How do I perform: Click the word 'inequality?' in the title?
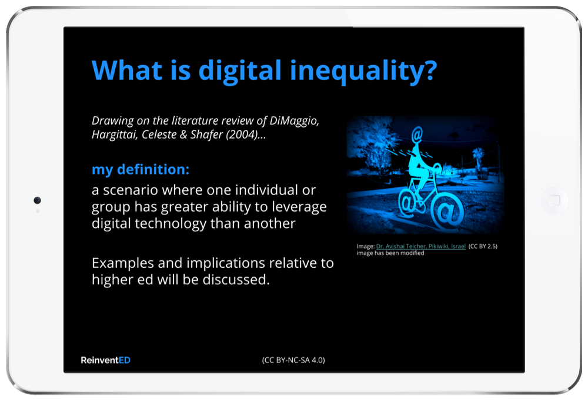tap(363, 70)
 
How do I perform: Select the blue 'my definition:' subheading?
tap(141, 169)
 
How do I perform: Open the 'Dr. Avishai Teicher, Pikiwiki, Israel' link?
tap(421, 247)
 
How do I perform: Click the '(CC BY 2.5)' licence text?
tap(483, 247)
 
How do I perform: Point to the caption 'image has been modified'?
tap(390, 253)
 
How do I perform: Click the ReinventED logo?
tap(105, 360)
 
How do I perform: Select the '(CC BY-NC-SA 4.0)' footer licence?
tap(293, 360)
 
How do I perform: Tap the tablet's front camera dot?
tap(37, 200)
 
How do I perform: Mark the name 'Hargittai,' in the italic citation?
tap(115, 135)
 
